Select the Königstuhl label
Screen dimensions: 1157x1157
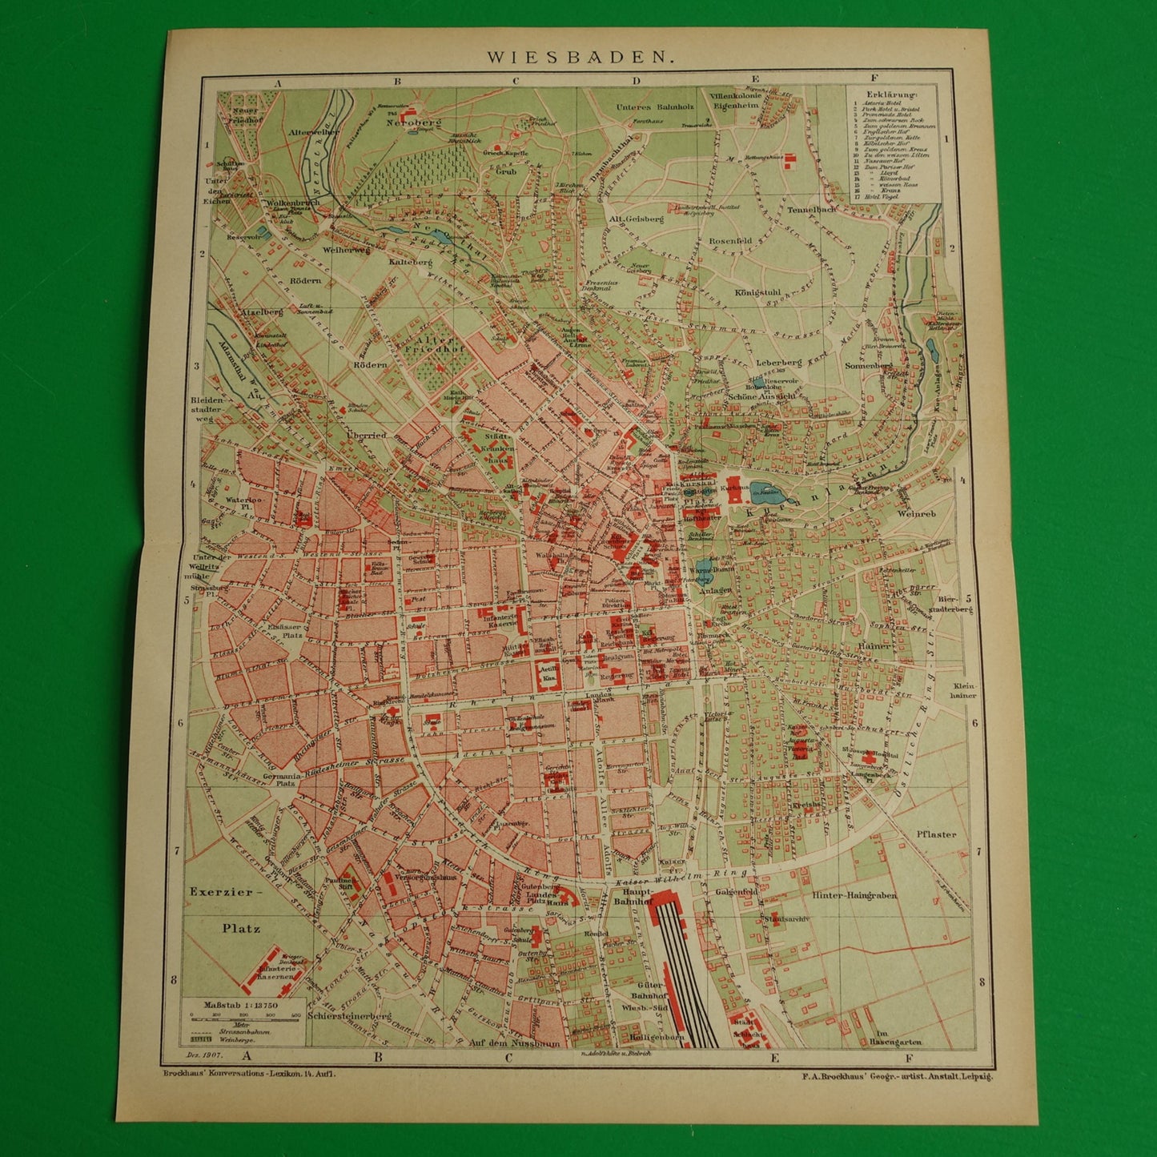click(757, 292)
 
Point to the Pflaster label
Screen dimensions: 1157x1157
click(936, 834)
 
